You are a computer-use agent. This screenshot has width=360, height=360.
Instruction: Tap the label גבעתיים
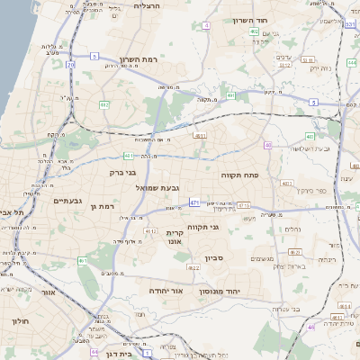(x=68, y=201)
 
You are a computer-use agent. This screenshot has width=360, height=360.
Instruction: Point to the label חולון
(x=20, y=321)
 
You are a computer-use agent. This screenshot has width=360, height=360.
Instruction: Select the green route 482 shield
(x=103, y=104)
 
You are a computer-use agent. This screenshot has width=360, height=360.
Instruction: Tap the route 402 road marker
(x=255, y=31)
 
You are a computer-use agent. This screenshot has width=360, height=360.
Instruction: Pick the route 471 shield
(x=194, y=202)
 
